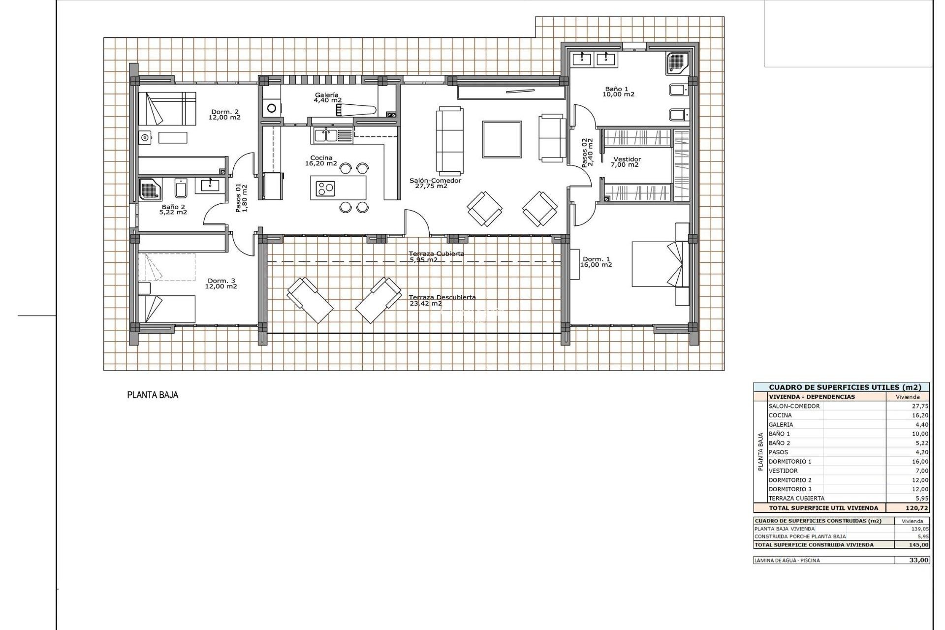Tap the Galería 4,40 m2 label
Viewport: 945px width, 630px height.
(327, 97)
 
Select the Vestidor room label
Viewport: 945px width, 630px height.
(627, 162)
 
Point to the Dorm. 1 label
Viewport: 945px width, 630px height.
(596, 262)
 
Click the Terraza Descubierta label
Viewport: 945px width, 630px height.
(441, 300)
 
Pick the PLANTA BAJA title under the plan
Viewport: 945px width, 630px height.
(153, 395)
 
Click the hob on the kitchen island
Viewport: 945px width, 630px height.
(325, 188)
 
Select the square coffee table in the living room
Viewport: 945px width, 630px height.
(502, 139)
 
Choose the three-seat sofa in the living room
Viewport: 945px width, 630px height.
(449, 140)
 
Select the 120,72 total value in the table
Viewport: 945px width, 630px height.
(916, 507)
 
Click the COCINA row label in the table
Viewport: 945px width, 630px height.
(780, 415)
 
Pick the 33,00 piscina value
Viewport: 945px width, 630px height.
(918, 560)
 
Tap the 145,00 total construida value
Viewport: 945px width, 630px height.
(918, 545)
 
